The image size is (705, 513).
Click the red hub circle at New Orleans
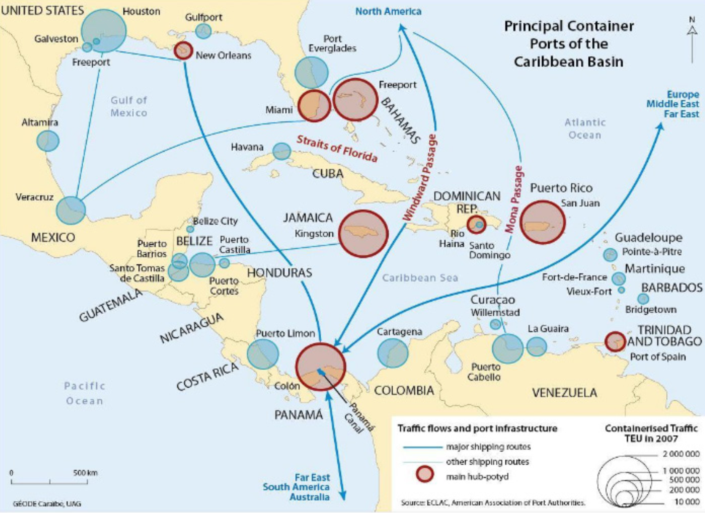pos(183,51)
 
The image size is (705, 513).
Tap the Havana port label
pos(247,147)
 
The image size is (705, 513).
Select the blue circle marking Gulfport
pos(204,31)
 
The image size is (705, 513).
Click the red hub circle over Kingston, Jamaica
pos(363,233)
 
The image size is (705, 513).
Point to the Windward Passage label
pos(420,178)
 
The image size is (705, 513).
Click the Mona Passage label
pos(514,199)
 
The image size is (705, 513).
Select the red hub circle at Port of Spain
pos(615,342)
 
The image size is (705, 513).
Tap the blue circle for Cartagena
pos(393,353)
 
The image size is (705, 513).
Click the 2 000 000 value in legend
pos(681,454)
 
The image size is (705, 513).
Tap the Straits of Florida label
pos(337,149)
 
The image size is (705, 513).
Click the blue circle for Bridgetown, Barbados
pos(643,299)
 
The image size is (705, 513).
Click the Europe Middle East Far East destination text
pos(672,104)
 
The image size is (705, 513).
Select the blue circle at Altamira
pos(48,141)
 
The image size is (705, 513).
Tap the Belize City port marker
pos(190,229)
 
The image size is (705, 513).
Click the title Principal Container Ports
pos(569,44)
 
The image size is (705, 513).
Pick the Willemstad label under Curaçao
pos(495,312)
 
